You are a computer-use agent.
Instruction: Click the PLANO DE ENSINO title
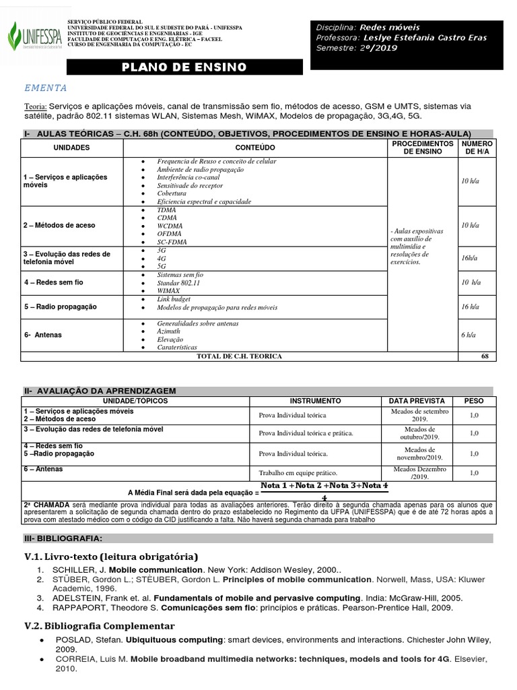click(x=184, y=67)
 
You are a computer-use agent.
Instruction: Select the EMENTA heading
click(x=45, y=88)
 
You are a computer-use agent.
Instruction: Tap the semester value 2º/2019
click(x=378, y=48)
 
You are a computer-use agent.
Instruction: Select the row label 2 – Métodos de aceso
click(x=59, y=225)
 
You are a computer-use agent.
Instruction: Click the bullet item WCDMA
click(x=169, y=225)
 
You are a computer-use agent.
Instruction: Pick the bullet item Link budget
click(x=174, y=299)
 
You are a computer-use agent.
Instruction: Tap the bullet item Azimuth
click(x=168, y=332)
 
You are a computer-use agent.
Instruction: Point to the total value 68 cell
click(x=485, y=356)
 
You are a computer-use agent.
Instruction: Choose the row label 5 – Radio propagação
click(x=61, y=307)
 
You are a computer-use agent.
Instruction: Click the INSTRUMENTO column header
click(x=315, y=401)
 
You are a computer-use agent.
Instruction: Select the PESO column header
click(x=474, y=401)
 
